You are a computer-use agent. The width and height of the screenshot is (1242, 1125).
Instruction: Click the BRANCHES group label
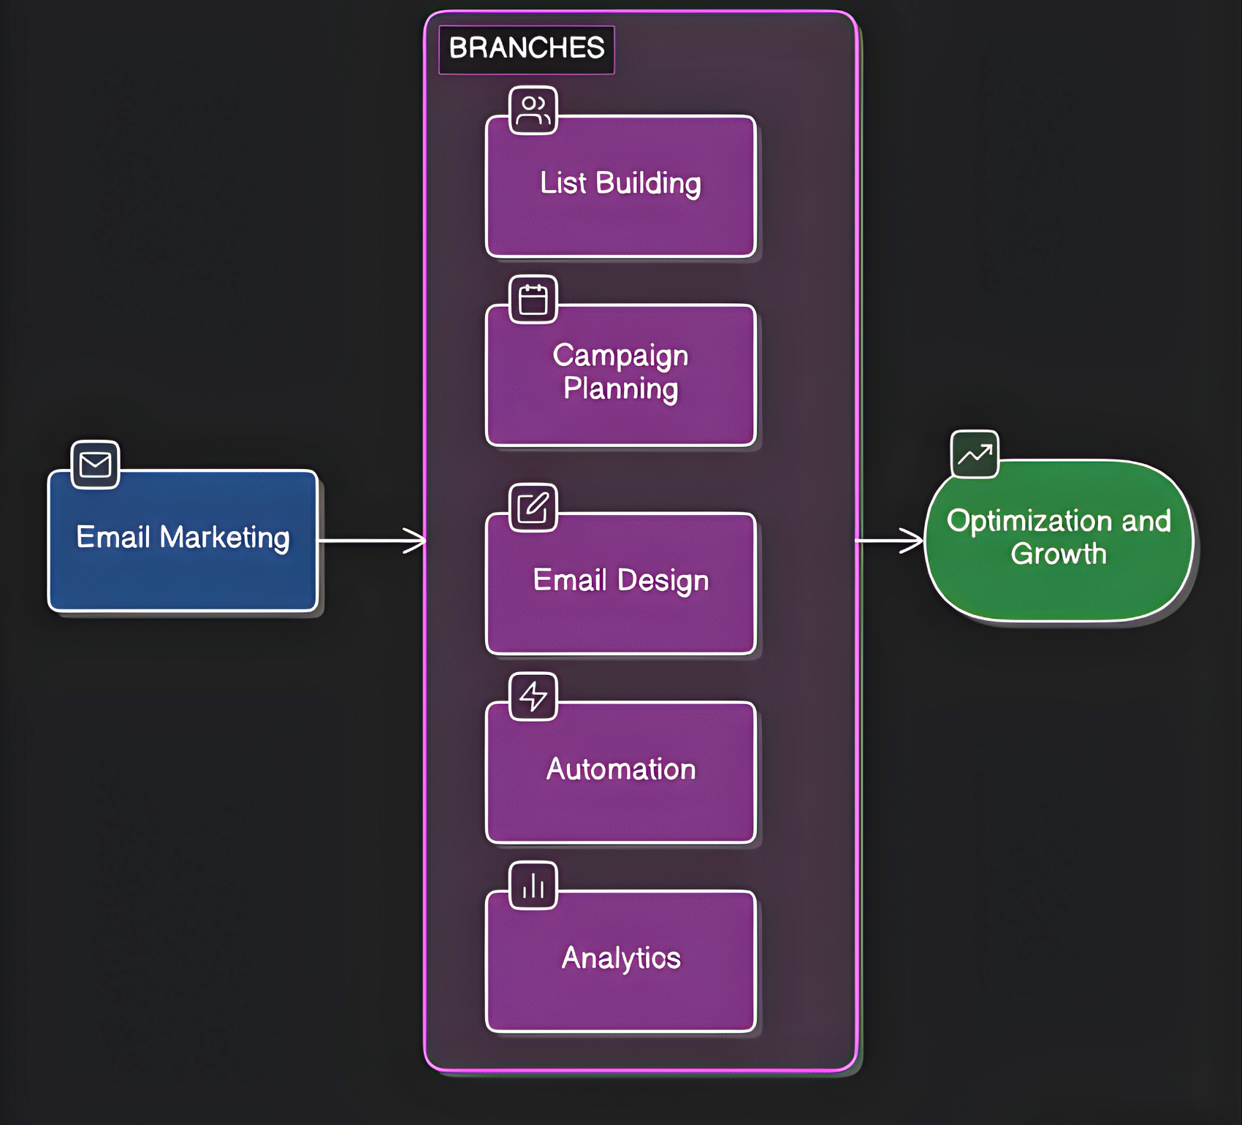coord(527,48)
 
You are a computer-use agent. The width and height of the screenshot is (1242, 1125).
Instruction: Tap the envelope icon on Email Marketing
coord(95,465)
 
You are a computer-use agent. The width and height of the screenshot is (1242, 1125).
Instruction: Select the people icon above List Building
coord(533,110)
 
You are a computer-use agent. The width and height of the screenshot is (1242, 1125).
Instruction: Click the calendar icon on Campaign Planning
coord(533,300)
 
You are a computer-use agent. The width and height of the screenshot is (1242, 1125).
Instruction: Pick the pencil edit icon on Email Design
coord(533,508)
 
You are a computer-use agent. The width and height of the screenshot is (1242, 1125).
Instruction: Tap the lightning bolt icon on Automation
coord(533,696)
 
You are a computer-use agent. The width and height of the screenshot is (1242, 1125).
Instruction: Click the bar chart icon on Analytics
coord(533,885)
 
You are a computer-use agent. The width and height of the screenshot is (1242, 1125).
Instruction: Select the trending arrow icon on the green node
coord(975,454)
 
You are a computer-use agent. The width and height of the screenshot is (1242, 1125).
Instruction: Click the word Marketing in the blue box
coord(224,538)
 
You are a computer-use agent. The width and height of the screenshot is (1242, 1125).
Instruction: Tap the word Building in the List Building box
coord(648,183)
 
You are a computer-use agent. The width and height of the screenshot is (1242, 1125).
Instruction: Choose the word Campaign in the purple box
coord(620,356)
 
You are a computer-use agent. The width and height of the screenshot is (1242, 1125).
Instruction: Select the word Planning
coord(620,389)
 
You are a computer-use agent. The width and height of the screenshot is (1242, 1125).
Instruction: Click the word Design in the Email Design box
coord(663,581)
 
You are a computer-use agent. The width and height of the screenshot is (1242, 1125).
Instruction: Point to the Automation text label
coord(621,769)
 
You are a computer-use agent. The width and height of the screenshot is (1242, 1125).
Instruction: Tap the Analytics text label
coord(621,958)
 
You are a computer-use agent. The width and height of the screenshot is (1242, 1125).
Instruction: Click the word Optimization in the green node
coord(1030,522)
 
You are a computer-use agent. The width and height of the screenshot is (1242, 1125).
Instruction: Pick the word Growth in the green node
coord(1059,554)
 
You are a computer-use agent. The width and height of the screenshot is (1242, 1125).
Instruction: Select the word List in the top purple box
coord(563,183)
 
